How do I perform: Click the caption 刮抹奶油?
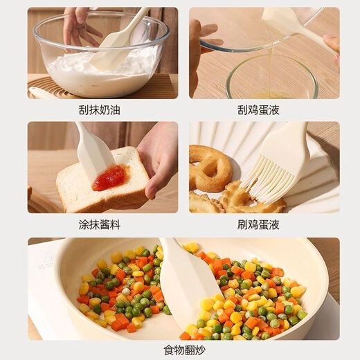pyautogui.click(x=101, y=109)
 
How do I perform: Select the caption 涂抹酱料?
pyautogui.click(x=101, y=224)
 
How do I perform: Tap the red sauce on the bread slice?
pyautogui.click(x=109, y=178)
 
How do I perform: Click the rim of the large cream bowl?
pyautogui.click(x=100, y=21)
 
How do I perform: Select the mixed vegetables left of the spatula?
pyautogui.click(x=121, y=291)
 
